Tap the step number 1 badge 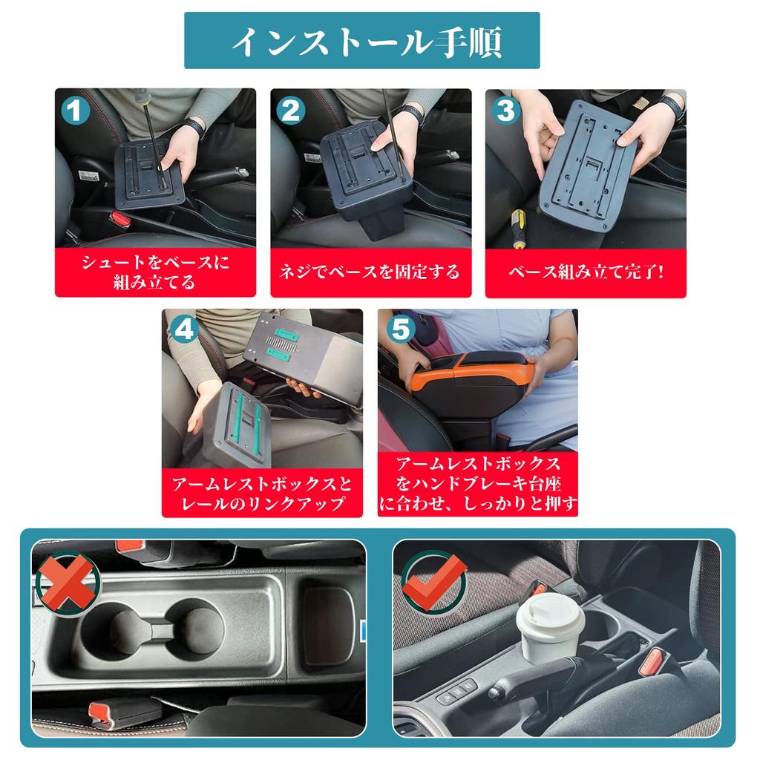(76, 112)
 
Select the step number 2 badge (291, 111)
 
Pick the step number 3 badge (505, 111)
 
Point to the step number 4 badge (183, 330)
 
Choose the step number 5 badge (400, 330)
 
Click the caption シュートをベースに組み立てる (155, 272)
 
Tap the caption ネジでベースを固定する (370, 272)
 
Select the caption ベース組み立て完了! (586, 272)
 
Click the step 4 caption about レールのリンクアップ (262, 494)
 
